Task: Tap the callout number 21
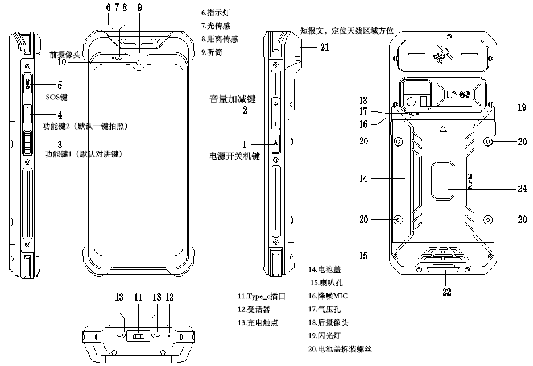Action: pos(324,48)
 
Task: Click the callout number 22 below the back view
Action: pos(447,292)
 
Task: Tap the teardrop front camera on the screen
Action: pos(139,63)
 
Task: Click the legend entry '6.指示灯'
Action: pos(217,12)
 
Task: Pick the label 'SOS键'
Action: pos(56,97)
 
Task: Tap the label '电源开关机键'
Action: pos(235,156)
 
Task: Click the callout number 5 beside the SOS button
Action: pos(59,85)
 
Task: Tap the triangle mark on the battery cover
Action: pos(442,129)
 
